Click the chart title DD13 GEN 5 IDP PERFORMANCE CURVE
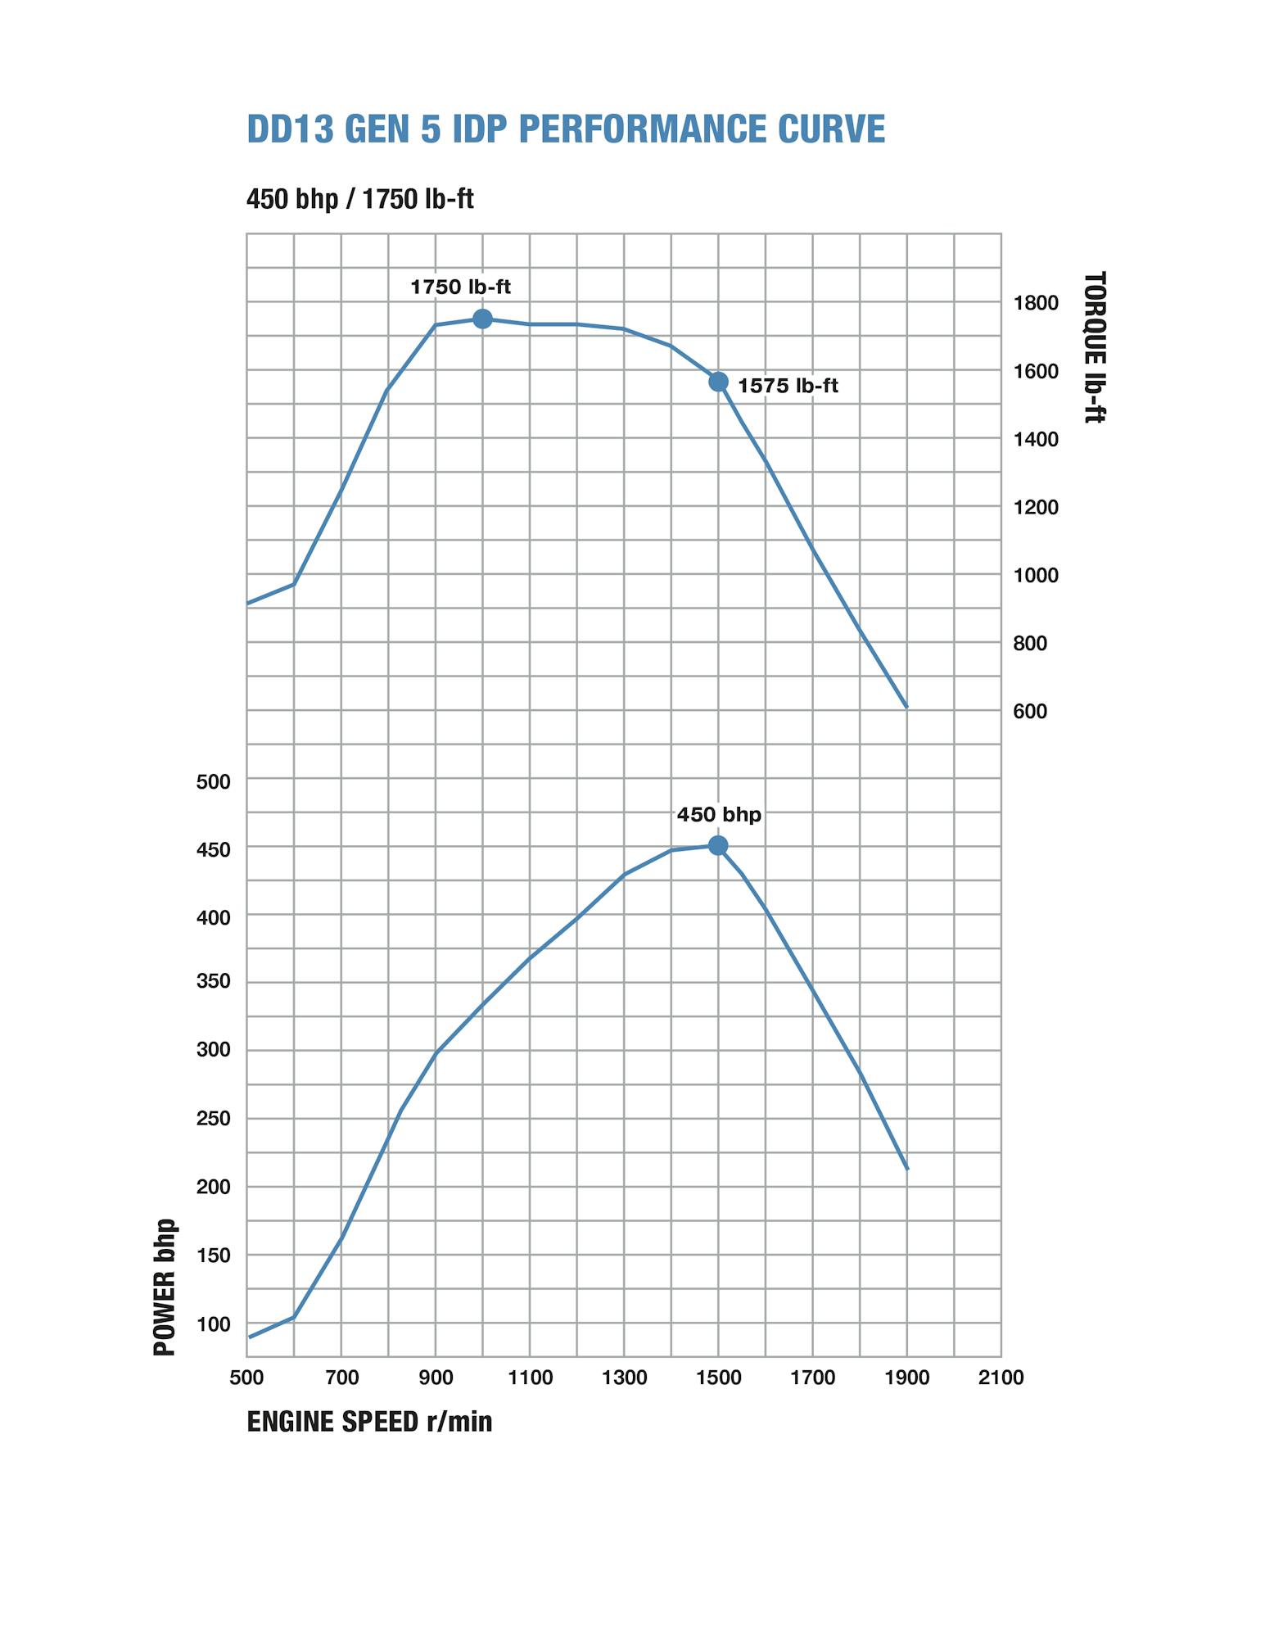pos(566,129)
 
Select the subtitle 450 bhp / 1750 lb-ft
pos(359,199)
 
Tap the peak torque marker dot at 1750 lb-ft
pos(482,319)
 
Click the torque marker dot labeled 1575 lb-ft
pos(718,382)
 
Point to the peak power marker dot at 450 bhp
pos(718,845)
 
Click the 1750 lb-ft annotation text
pos(460,287)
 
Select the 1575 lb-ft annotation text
pos(788,386)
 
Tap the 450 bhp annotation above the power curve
pos(719,815)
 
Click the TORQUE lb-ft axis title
pos(1094,346)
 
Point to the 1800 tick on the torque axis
pos(1036,303)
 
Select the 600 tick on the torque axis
pos(1030,711)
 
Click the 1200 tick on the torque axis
pos(1036,507)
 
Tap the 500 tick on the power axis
pos(213,781)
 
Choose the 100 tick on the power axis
pos(213,1324)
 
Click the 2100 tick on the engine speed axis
pos(1001,1378)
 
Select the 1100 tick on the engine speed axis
pos(530,1378)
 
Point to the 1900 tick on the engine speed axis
pos(906,1378)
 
